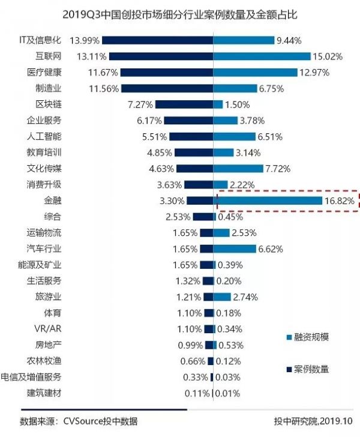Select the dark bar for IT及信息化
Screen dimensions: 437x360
click(x=157, y=40)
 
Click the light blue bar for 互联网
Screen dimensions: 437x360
click(x=262, y=56)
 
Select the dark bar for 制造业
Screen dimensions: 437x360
click(x=167, y=88)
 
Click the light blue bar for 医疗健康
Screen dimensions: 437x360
click(x=256, y=72)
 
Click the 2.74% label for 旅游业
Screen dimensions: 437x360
click(x=245, y=297)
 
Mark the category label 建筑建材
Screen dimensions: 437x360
click(x=43, y=393)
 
